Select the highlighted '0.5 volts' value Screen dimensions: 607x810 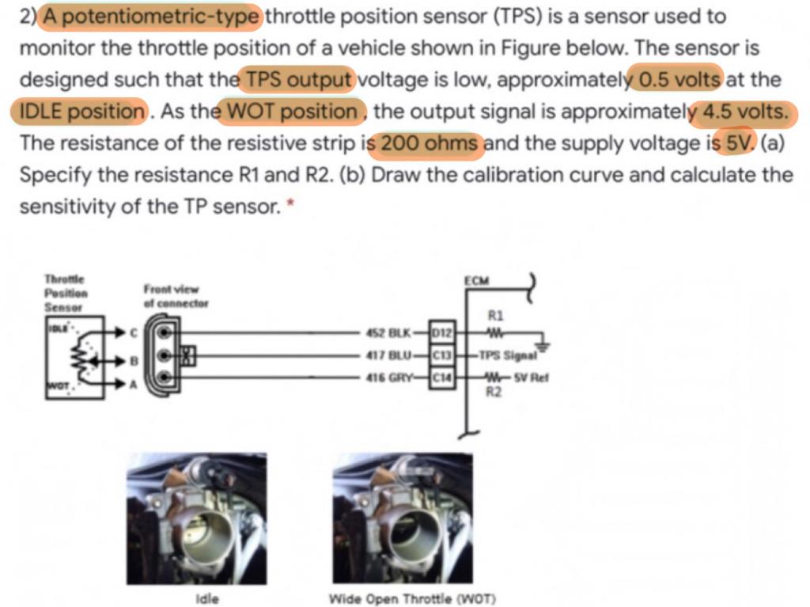[679, 79]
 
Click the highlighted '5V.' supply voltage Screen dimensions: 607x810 [740, 144]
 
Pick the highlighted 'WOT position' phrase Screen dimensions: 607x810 [292, 112]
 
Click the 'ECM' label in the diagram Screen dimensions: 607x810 [479, 281]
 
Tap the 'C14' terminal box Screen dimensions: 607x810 [439, 378]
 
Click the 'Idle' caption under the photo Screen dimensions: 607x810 [206, 598]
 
